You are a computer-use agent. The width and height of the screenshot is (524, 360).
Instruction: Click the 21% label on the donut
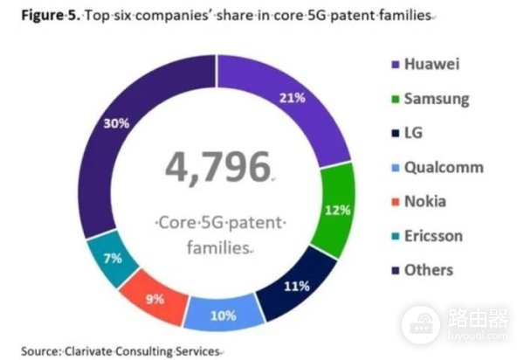point(292,98)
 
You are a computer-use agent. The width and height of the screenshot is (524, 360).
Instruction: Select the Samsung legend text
point(436,98)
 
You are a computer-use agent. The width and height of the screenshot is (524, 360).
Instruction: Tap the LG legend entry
point(414,133)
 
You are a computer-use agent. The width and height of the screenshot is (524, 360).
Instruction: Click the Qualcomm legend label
point(443,167)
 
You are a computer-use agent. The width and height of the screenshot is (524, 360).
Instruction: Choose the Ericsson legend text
point(433,236)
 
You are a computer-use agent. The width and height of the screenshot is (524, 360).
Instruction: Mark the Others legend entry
point(428,270)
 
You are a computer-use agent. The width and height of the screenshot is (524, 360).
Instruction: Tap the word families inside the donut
point(217,248)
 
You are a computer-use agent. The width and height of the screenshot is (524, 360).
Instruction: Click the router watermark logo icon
point(421,324)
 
